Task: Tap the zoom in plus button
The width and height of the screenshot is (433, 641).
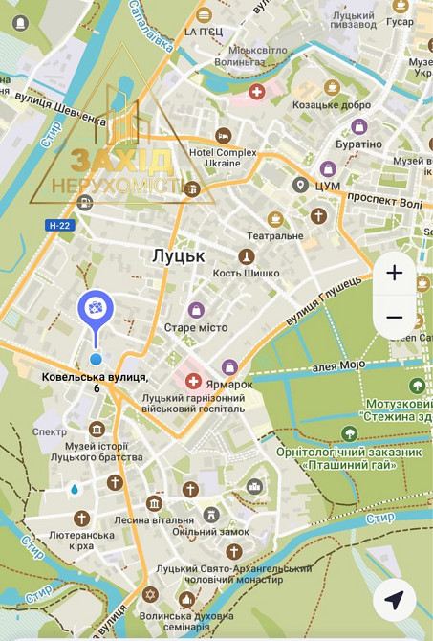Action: tap(395, 273)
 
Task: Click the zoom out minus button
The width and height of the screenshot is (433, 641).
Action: tap(395, 318)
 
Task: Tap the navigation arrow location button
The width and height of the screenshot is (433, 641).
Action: tap(394, 600)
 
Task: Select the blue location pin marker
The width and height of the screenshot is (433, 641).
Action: tap(96, 309)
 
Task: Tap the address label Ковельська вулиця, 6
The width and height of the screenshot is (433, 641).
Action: tap(95, 383)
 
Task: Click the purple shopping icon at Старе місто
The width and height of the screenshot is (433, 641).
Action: tap(196, 310)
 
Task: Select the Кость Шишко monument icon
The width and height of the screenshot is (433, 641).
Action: tap(247, 257)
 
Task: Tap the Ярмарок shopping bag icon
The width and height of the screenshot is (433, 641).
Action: tap(229, 366)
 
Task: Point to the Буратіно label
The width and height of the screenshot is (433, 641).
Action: tap(358, 144)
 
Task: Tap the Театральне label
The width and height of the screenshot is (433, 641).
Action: tap(275, 235)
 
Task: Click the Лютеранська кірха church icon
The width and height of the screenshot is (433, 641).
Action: tap(81, 518)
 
